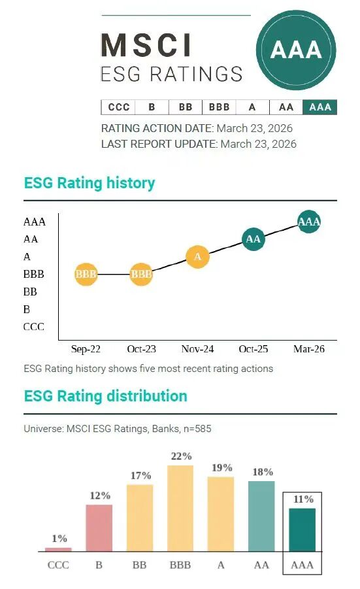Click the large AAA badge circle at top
296,50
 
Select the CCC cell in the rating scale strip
118,107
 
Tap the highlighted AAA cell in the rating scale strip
320,107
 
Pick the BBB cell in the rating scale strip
219,107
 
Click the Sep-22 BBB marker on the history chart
86,275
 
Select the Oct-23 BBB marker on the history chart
141,275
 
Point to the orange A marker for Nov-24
197,257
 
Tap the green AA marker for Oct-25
253,239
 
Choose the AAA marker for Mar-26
308,222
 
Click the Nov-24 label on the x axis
197,349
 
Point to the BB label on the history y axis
30,292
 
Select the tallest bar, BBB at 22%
180,508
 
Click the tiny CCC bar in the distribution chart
59,549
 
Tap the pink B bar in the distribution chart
99,528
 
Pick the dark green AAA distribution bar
302,530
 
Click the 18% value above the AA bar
262,472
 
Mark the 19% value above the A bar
221,467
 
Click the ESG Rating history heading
90,183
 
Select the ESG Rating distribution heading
105,396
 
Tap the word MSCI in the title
146,46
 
